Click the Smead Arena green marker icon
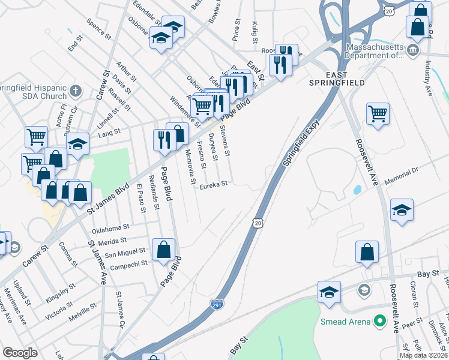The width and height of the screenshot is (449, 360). tap(379, 322)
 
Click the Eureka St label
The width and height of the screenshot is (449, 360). tap(214, 185)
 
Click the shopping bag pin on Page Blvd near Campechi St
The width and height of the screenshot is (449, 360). tap(163, 250)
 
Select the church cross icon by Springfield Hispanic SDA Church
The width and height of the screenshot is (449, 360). tap(75, 91)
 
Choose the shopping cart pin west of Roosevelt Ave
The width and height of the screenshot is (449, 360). tap(378, 113)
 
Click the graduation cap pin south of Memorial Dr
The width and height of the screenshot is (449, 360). tap(402, 210)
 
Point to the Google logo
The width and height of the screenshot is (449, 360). tap(20, 353)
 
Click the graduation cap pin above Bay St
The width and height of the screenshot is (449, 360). tap(329, 292)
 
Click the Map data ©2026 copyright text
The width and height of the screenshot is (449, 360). tap(424, 355)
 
